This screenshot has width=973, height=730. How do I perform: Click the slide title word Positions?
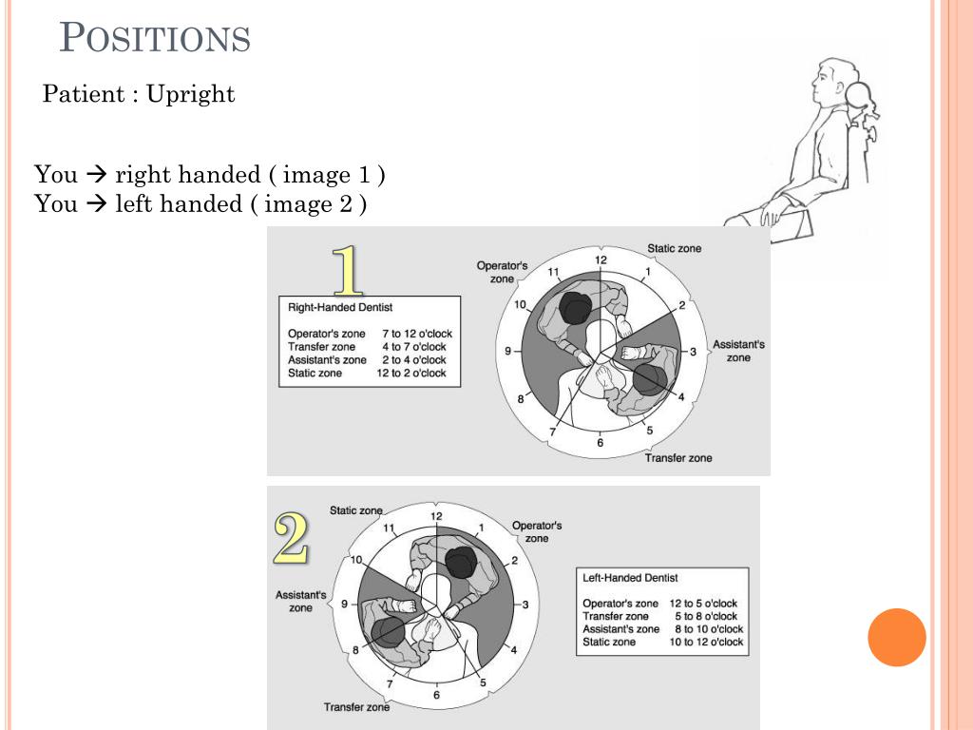tap(155, 39)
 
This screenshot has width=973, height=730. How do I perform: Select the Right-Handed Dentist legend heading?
tap(340, 307)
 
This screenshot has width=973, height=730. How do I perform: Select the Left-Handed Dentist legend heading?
tap(630, 577)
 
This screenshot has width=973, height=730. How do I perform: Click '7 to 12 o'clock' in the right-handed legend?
tap(417, 334)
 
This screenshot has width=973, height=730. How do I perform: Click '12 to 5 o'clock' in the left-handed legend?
tap(703, 604)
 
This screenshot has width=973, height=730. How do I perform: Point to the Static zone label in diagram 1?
tap(675, 248)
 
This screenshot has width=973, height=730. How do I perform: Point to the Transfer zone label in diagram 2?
tap(356, 707)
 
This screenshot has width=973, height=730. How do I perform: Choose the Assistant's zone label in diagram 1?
tap(738, 351)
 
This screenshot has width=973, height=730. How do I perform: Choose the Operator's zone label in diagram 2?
tap(537, 531)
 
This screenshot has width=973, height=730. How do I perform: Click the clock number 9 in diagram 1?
tap(508, 351)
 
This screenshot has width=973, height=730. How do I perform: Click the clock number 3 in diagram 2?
tap(525, 605)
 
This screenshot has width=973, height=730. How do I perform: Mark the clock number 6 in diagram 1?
tap(600, 443)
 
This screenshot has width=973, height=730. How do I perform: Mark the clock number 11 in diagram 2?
tap(389, 528)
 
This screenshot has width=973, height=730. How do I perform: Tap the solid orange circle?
tap(896, 637)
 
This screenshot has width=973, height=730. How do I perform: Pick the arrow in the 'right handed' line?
tap(96, 175)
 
